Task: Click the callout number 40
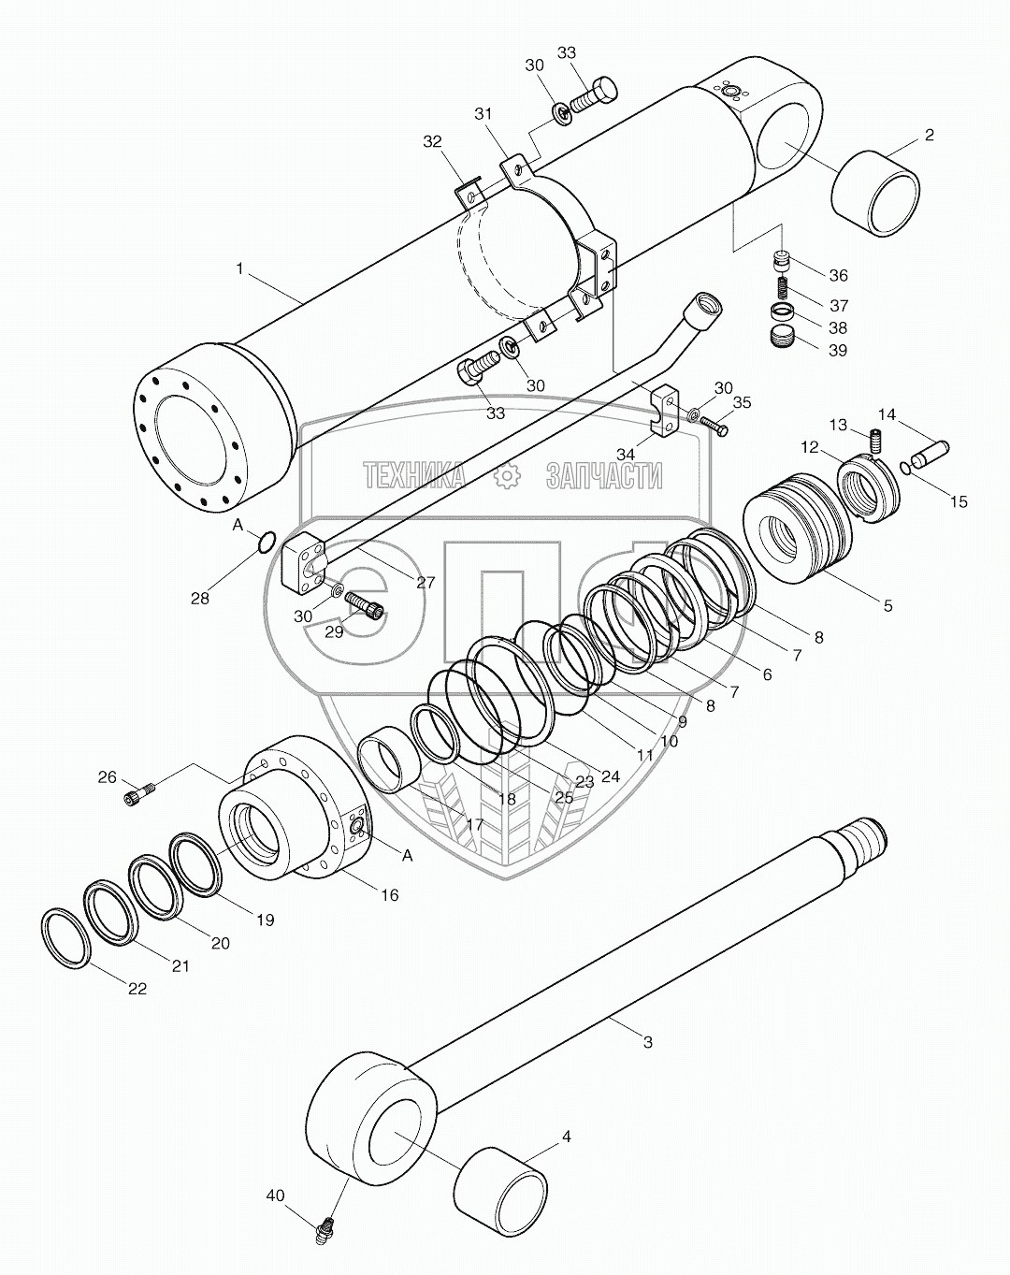275,1195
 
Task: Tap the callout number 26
108,776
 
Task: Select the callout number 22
137,989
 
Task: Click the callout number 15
959,502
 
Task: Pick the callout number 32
432,141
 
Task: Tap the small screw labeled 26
139,794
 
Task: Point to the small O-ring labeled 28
265,541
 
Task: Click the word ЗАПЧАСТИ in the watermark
604,476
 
